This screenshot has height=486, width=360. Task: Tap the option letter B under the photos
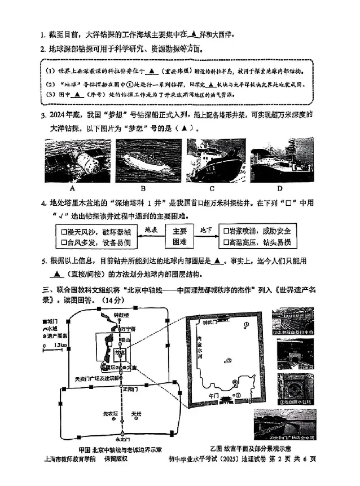click(x=143, y=188)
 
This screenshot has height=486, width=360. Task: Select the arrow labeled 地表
click(x=151, y=232)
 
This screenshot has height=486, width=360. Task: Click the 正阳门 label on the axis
click(x=131, y=388)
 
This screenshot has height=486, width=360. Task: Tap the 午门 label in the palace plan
click(x=213, y=396)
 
